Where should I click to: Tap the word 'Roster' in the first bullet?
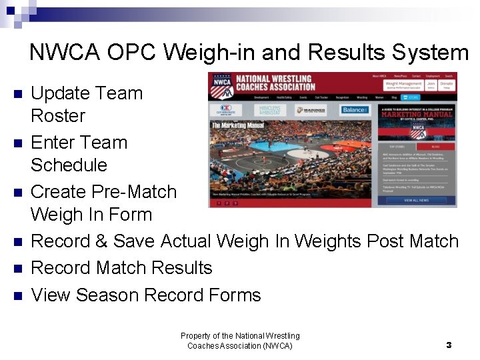pyautogui.click(x=58, y=116)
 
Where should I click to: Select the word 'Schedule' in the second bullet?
pyautogui.click(x=69, y=165)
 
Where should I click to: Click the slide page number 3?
pyautogui.click(x=449, y=345)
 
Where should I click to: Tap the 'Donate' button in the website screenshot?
pyautogui.click(x=447, y=85)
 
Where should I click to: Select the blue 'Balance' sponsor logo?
pyautogui.click(x=355, y=110)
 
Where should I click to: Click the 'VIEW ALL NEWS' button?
pyautogui.click(x=417, y=200)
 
